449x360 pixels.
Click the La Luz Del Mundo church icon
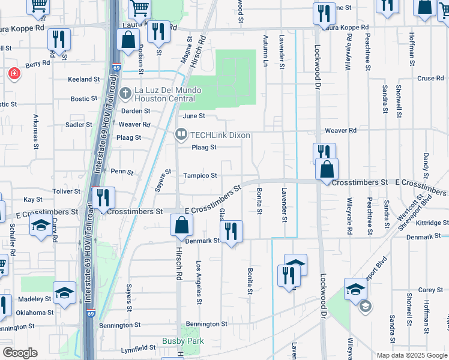125,92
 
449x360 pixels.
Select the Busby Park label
183,341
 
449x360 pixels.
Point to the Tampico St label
200,176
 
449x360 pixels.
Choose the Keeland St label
83,79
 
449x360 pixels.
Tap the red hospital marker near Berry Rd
14,74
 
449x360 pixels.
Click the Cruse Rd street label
430,79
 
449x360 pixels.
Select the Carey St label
430,290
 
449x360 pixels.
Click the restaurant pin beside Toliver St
103,197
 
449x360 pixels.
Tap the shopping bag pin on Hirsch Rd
181,227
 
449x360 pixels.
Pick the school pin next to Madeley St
64,293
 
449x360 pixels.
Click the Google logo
20,353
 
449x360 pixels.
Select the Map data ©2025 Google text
411,355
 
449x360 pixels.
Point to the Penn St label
122,172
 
